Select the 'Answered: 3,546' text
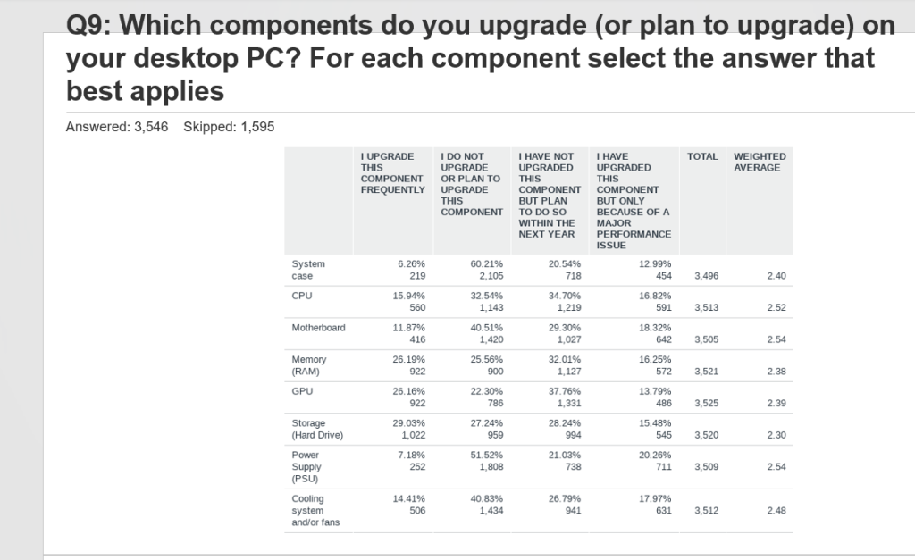pos(117,127)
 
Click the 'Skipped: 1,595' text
pos(229,127)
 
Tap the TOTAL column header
pos(702,156)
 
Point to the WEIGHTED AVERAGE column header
pos(760,162)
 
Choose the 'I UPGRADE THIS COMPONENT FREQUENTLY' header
pos(392,173)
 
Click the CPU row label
pos(301,296)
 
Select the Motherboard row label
pos(318,328)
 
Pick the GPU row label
pos(302,391)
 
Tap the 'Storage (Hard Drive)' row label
pos(317,429)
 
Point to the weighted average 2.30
pos(776,435)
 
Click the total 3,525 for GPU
pos(705,403)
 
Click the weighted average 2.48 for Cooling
pos(776,511)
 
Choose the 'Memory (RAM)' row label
pos(309,365)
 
